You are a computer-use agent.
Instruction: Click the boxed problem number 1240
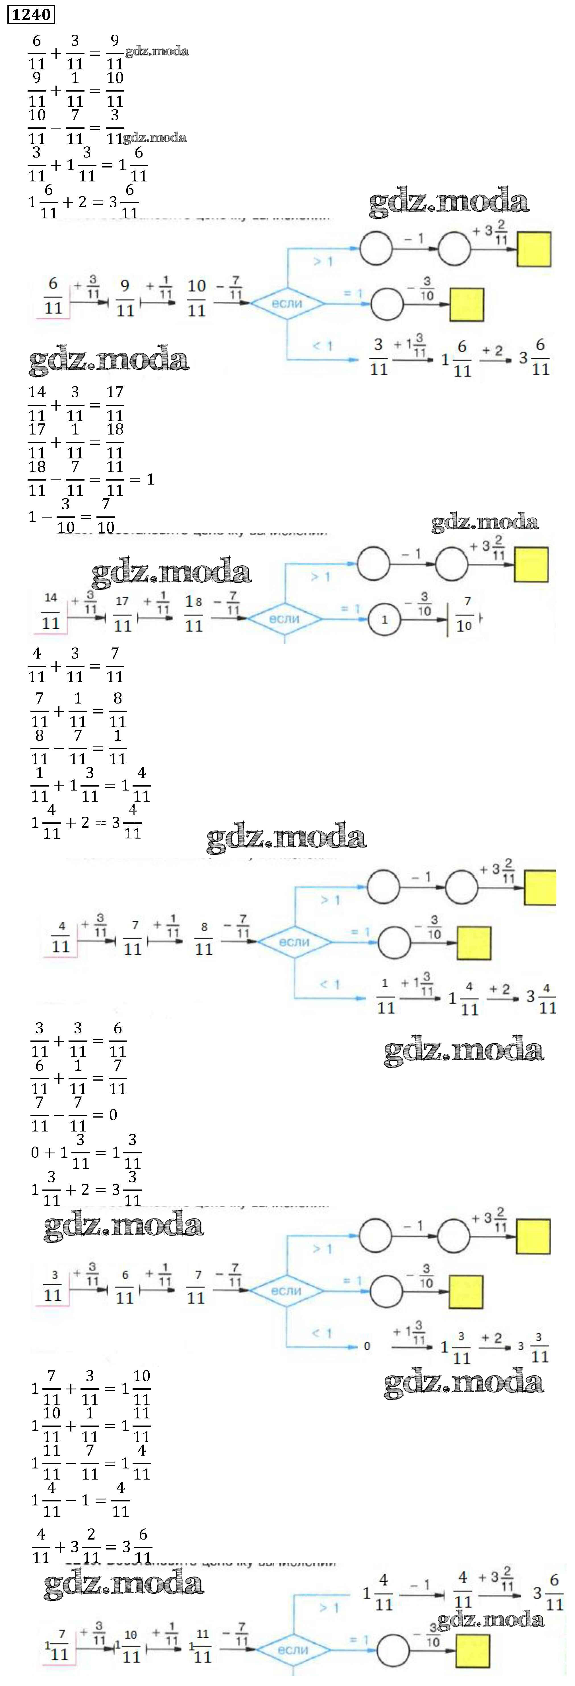pyautogui.click(x=31, y=14)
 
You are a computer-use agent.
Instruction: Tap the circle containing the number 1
pyautogui.click(x=384, y=619)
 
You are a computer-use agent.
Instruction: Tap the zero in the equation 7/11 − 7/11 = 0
pyautogui.click(x=113, y=1115)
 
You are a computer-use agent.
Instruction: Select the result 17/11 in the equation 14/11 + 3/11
pyautogui.click(x=115, y=403)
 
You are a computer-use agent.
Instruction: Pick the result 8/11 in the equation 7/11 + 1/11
pyautogui.click(x=117, y=710)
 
